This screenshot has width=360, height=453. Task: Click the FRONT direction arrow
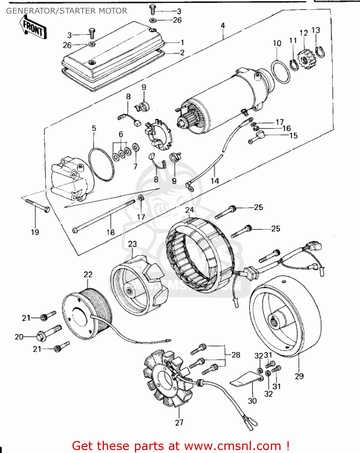point(34,27)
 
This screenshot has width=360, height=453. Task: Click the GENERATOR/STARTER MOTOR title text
point(66,11)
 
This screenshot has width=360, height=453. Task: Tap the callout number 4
point(223,25)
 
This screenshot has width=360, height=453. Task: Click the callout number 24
point(189,210)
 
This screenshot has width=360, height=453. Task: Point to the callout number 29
point(299,376)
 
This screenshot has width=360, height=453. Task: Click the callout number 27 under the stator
point(179,422)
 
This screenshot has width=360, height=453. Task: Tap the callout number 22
point(88,275)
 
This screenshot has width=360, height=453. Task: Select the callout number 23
point(132,244)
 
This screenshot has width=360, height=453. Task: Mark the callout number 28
point(236,355)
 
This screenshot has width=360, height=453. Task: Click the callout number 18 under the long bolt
point(111,232)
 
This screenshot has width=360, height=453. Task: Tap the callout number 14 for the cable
point(214,181)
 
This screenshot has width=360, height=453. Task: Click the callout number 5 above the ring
point(94,128)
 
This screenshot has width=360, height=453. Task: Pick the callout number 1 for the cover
point(182,43)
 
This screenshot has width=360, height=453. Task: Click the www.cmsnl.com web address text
point(233,446)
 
